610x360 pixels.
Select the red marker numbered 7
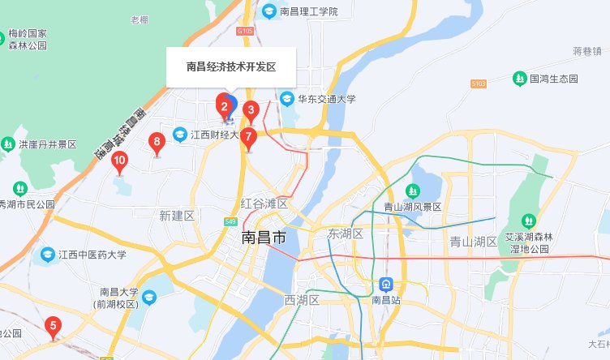[x=249, y=136]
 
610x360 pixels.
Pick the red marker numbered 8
[x=157, y=144]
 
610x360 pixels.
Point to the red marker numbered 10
[x=119, y=161]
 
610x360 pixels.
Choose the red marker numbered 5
[x=54, y=327]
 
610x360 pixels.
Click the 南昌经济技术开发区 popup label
[x=231, y=66]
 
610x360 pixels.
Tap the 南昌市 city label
[x=264, y=238]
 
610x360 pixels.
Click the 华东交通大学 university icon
[x=286, y=99]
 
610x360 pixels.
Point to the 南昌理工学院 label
[x=308, y=11]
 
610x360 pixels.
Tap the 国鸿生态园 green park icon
[x=519, y=79]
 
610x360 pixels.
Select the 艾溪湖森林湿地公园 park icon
[x=528, y=220]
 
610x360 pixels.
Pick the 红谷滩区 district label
[x=264, y=204]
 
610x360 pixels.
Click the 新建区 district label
[x=177, y=216]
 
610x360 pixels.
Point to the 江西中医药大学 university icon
[x=48, y=255]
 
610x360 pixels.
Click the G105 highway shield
[x=246, y=31]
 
